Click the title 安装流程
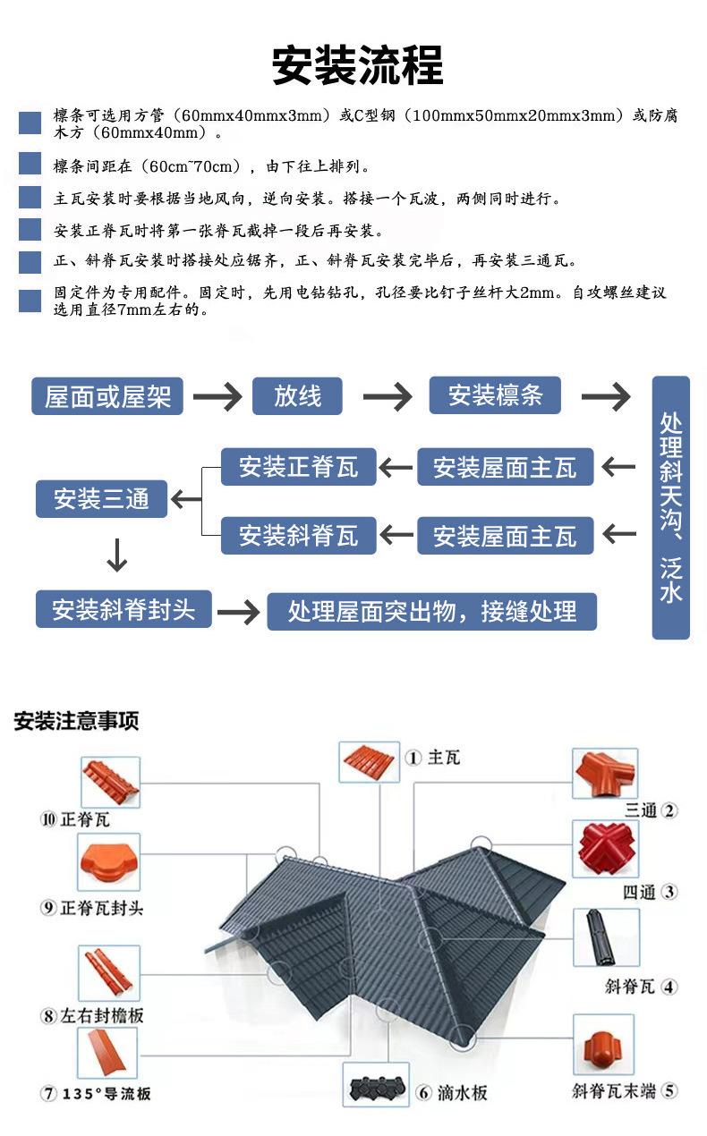[357, 65]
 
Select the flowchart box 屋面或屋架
[107, 396]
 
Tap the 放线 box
[297, 396]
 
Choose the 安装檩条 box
[495, 395]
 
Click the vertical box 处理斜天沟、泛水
[670, 507]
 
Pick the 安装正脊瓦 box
[298, 467]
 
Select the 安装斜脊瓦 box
[298, 535]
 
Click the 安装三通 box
[101, 498]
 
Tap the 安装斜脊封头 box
[124, 608]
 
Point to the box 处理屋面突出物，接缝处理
[432, 611]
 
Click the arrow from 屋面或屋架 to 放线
[217, 396]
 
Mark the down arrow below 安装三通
[117, 555]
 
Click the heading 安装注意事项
[76, 721]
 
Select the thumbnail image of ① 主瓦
[369, 762]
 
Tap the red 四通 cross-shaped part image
[606, 849]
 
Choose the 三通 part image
[605, 774]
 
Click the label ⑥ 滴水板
[452, 1092]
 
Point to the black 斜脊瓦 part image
[606, 937]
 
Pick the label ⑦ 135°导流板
[96, 1093]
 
